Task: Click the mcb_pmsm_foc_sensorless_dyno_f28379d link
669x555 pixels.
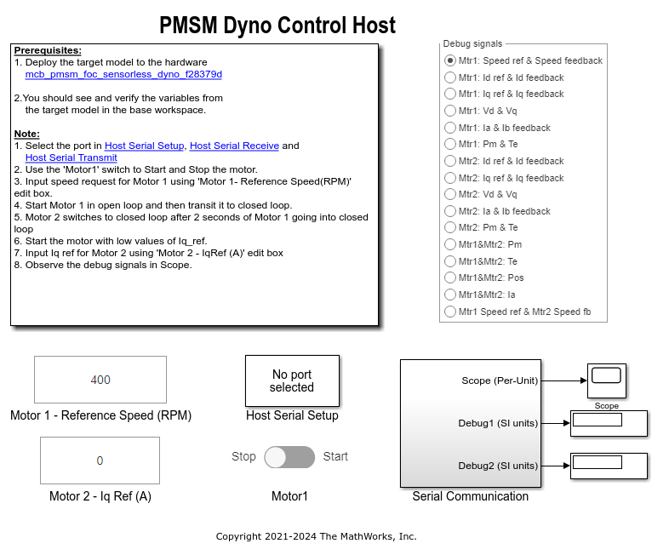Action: pos(123,74)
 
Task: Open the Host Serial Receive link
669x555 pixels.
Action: pos(234,146)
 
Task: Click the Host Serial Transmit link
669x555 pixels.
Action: pos(71,157)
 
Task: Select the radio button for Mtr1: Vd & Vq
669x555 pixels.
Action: pos(449,111)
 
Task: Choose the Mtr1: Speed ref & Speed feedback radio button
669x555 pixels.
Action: pos(449,60)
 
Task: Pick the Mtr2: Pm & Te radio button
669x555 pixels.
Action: pos(449,227)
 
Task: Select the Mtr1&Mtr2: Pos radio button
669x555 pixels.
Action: pos(449,277)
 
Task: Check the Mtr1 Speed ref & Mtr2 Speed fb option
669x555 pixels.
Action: pos(449,312)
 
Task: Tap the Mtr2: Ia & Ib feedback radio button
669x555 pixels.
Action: pos(449,211)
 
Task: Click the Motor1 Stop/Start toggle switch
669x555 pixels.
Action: pos(289,457)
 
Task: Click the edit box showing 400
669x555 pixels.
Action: pos(100,380)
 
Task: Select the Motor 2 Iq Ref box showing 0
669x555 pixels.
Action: pos(100,461)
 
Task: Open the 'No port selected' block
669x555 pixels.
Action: pos(292,380)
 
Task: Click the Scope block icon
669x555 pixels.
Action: pos(607,380)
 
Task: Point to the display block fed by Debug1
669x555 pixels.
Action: pos(609,422)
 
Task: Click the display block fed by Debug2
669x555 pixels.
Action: pos(609,465)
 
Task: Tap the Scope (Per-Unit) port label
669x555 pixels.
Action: pos(500,380)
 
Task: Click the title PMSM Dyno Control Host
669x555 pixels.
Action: pos(277,26)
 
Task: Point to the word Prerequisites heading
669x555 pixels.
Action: pos(49,50)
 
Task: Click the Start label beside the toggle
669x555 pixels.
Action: pos(335,456)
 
